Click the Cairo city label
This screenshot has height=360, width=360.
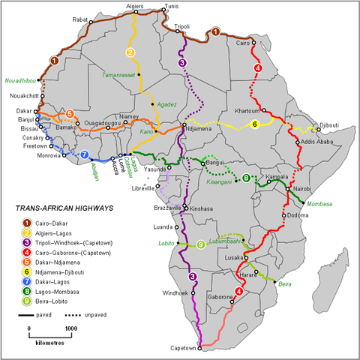click(x=242, y=43)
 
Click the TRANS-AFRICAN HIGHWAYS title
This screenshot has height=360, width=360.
click(x=58, y=209)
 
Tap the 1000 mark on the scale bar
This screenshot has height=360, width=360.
click(x=70, y=328)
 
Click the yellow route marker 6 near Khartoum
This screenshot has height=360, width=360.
click(x=254, y=124)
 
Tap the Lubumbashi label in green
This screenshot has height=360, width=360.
click(x=227, y=241)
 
